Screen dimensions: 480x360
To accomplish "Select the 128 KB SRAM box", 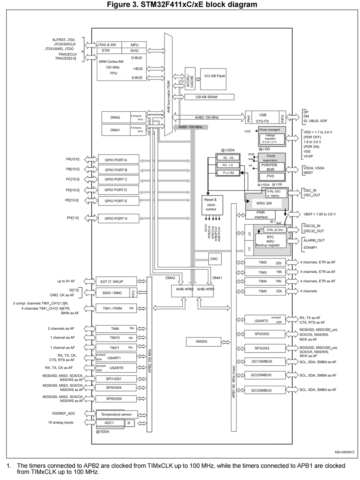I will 209,97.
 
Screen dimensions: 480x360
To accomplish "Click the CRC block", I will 214,259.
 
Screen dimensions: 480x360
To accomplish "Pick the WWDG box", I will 201,342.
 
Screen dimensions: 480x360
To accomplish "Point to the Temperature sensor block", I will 117,414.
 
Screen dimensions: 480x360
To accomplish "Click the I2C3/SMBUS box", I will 261,390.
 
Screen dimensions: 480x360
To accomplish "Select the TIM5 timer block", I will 265,291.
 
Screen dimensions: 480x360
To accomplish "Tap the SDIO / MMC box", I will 112,293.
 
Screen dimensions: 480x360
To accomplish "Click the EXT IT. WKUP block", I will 112,282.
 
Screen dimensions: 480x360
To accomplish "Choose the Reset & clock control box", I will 211,204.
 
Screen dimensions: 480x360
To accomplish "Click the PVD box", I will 270,176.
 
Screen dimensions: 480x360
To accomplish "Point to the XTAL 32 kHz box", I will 275,230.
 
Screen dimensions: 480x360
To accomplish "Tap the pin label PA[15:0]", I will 73,159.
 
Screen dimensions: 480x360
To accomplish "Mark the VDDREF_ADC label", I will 63,413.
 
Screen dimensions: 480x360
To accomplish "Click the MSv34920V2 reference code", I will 344,452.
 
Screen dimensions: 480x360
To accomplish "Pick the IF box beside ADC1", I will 130,423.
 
